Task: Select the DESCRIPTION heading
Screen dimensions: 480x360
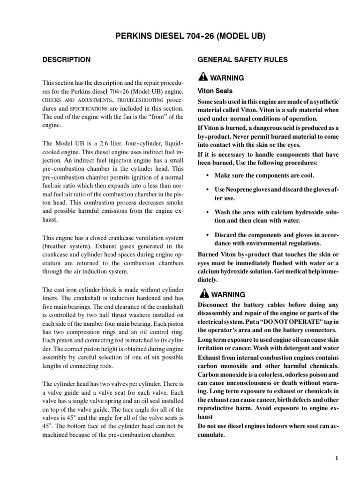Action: (67, 60)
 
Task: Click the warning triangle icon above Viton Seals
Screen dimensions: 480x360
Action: (202, 78)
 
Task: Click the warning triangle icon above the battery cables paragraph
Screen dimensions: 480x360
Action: (202, 295)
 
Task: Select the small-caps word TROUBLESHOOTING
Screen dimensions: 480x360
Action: (140, 100)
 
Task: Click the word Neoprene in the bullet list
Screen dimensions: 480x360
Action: (239, 190)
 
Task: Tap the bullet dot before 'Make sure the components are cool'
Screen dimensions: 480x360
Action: (208, 175)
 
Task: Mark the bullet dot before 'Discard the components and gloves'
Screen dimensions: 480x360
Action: (208, 234)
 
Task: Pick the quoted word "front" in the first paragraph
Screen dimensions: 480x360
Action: (151, 117)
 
